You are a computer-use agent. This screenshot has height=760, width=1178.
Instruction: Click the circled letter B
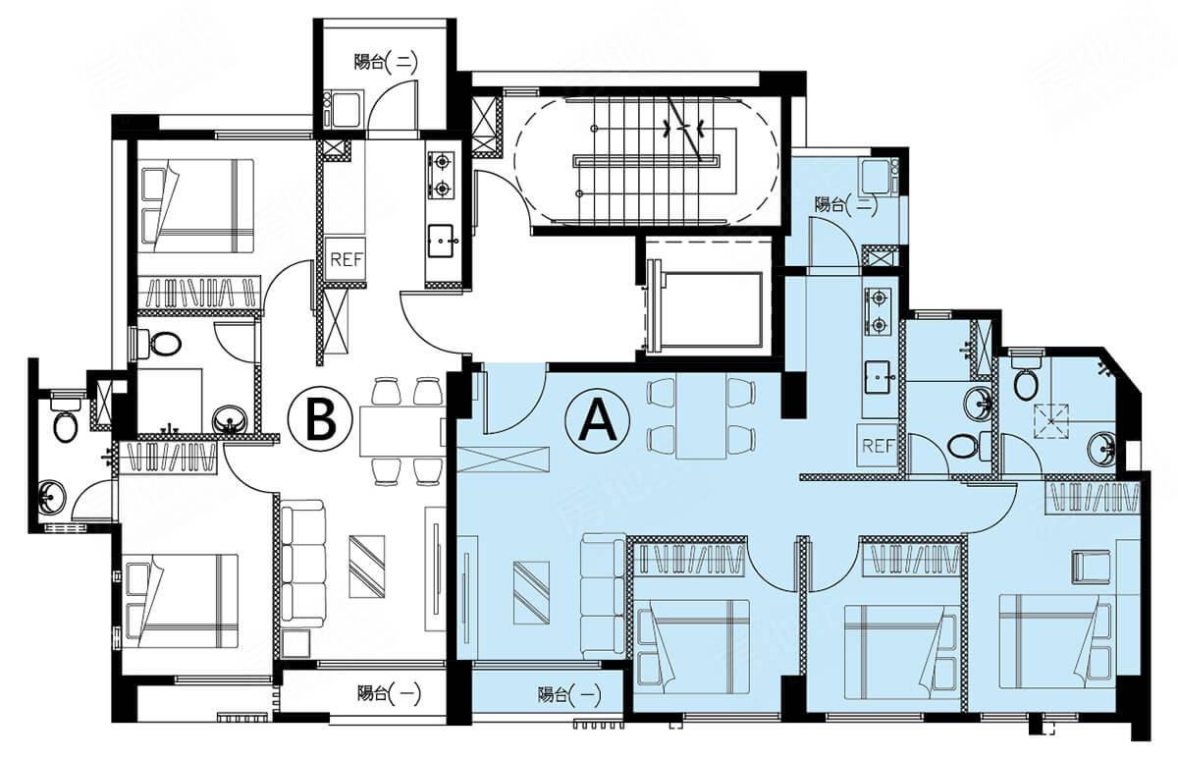click(320, 419)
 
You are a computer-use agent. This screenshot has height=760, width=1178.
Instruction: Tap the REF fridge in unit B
click(346, 259)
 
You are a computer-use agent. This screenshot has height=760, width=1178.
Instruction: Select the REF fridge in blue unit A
click(879, 445)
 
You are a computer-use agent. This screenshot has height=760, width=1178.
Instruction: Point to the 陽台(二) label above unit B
click(386, 63)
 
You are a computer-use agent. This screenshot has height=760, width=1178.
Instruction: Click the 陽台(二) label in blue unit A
click(846, 204)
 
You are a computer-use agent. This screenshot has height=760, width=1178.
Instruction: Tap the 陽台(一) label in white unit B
click(389, 693)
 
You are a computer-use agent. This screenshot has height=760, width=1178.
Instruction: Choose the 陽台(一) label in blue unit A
click(569, 695)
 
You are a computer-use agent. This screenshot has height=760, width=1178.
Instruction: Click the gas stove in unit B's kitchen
click(441, 175)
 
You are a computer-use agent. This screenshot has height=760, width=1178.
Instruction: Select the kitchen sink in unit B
click(441, 241)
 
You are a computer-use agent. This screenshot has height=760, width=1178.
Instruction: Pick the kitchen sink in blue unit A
click(878, 377)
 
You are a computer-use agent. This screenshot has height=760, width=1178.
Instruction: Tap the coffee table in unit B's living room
click(367, 567)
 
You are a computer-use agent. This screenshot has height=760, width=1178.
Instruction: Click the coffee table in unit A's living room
click(532, 593)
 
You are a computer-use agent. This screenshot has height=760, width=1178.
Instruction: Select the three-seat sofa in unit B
click(303, 564)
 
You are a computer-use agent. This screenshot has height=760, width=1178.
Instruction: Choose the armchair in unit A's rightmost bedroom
click(1092, 566)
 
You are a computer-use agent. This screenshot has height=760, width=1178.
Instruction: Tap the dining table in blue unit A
click(702, 415)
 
